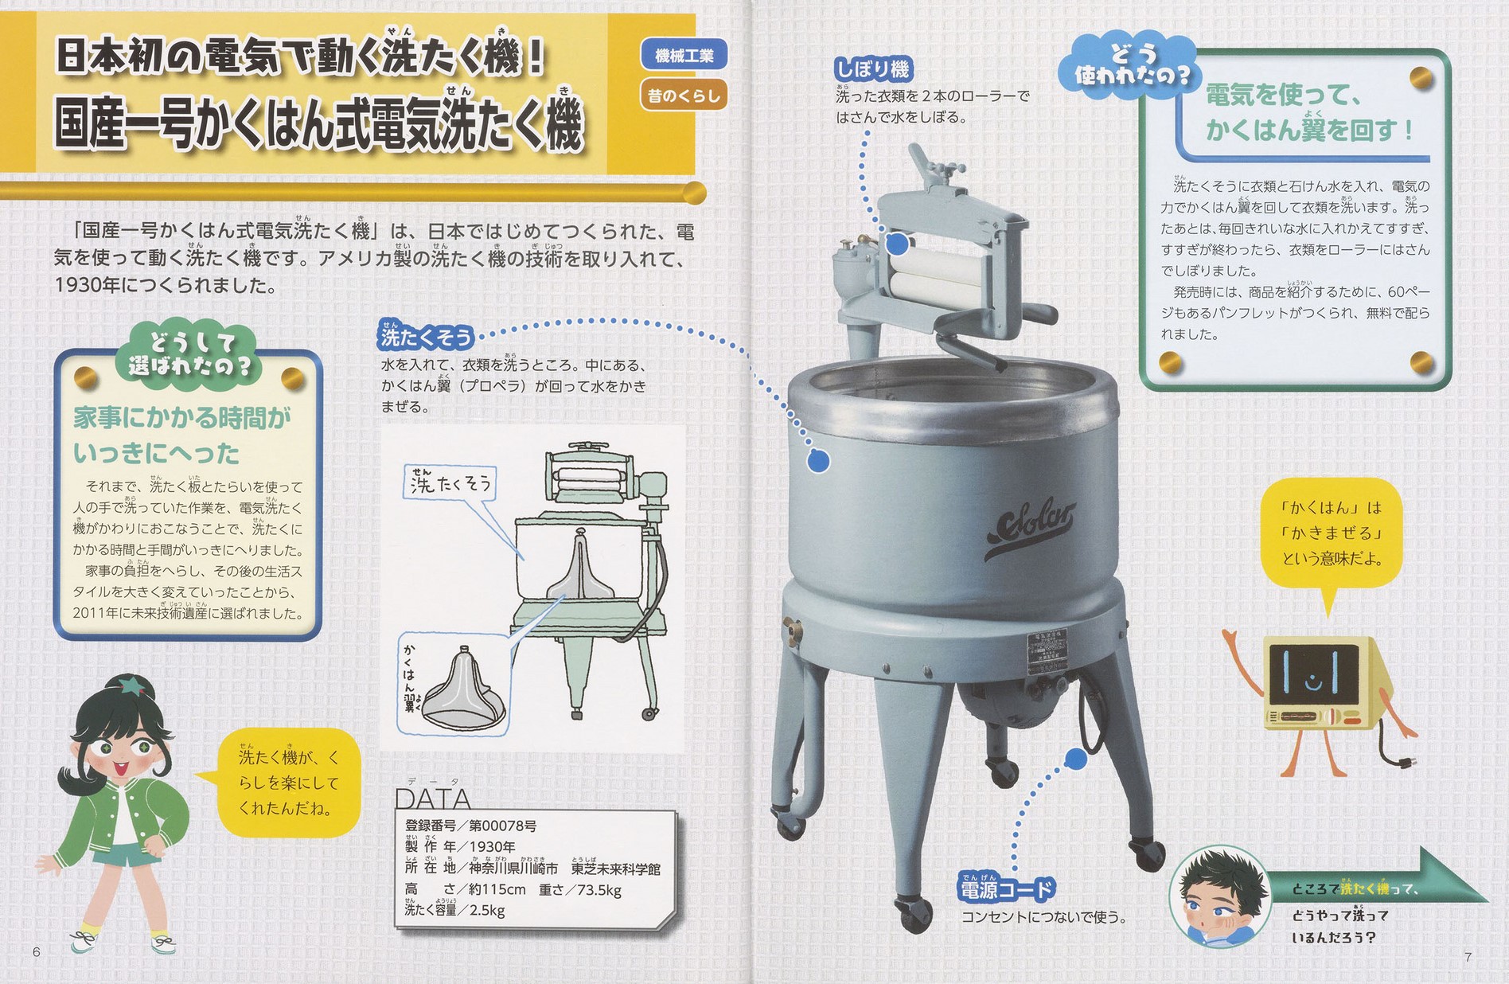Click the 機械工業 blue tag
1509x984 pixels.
point(684,56)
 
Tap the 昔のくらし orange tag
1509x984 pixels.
point(684,96)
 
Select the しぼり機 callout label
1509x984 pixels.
point(872,69)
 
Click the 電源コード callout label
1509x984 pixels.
point(1007,889)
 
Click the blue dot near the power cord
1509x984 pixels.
point(1074,759)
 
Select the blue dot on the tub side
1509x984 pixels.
point(817,460)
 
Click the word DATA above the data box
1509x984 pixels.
point(432,798)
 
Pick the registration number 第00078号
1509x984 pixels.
point(502,826)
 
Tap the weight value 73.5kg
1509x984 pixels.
point(599,889)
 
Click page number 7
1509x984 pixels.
point(1468,956)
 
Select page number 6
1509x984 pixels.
point(37,952)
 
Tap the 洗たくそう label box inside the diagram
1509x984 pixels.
point(450,482)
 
